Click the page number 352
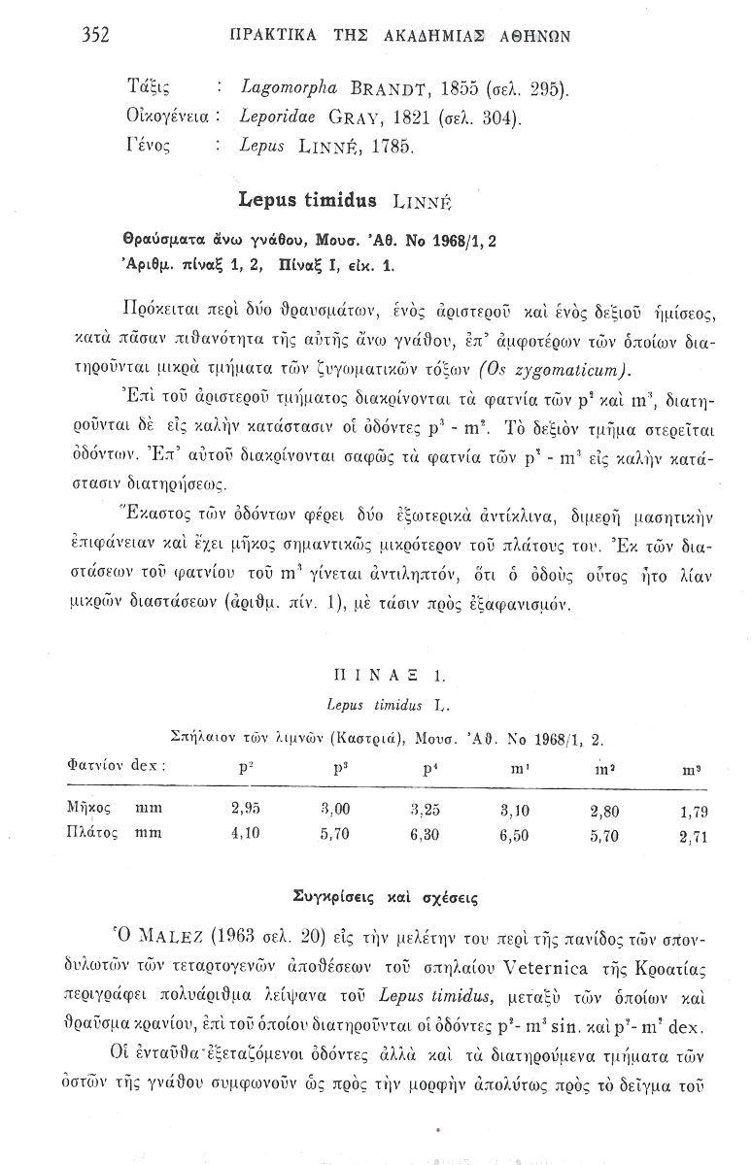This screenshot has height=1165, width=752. point(94,36)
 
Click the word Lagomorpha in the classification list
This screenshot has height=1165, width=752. point(283,90)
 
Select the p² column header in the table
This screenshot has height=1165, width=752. point(246,767)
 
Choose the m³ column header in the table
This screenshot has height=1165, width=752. point(693,769)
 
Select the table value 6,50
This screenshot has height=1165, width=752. point(514,833)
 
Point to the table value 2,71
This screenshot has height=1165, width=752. point(692,835)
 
